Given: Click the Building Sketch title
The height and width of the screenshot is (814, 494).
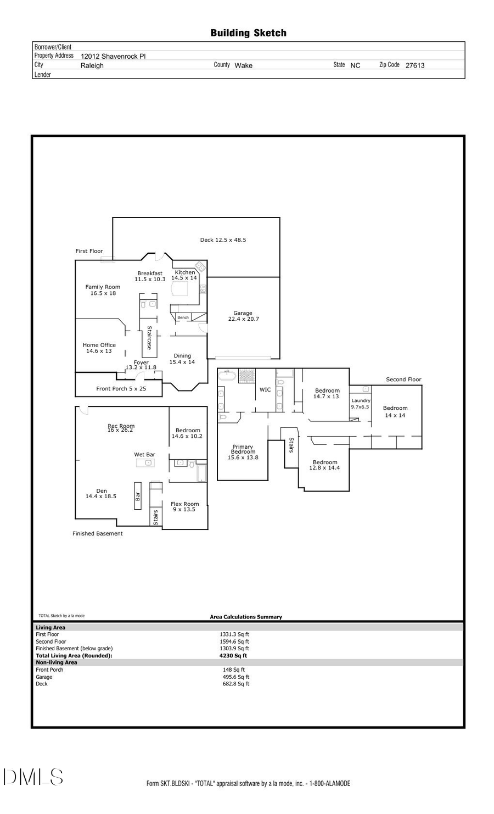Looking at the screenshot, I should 248,33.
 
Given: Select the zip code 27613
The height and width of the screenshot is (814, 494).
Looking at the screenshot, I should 414,65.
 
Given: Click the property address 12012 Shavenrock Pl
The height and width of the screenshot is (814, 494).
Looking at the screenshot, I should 113,56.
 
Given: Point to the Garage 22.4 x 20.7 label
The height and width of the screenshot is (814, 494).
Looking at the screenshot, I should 243,316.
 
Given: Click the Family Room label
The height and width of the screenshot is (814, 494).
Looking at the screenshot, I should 103,290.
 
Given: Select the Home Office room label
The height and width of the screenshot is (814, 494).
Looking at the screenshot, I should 99,348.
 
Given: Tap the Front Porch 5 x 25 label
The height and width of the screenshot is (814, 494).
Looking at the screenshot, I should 121,389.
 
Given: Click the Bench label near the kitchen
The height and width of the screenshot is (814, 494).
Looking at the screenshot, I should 183,317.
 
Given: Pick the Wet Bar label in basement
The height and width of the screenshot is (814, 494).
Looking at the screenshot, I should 144,455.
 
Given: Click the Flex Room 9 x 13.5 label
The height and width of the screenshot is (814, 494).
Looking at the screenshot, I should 184,506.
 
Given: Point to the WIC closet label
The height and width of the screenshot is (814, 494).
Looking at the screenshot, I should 265,390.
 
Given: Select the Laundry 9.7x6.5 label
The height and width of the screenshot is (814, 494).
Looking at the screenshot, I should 361,404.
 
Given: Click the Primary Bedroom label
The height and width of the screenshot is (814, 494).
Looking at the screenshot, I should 243,452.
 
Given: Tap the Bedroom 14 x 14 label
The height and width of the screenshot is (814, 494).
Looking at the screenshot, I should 395,411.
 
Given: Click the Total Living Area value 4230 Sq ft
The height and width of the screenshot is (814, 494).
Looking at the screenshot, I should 233,656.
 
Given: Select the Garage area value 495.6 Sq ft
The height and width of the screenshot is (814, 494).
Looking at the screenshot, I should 235,677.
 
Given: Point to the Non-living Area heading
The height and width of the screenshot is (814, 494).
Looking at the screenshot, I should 57,662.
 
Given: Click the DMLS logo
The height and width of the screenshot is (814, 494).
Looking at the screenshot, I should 33,777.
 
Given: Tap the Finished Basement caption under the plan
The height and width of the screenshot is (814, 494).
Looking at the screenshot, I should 98,534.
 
